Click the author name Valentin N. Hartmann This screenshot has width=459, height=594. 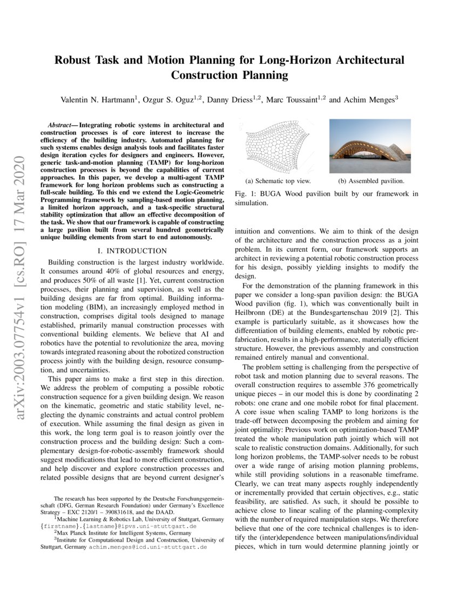pyautogui.click(x=99, y=99)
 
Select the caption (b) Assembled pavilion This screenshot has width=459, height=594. pyautogui.click(x=371, y=181)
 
